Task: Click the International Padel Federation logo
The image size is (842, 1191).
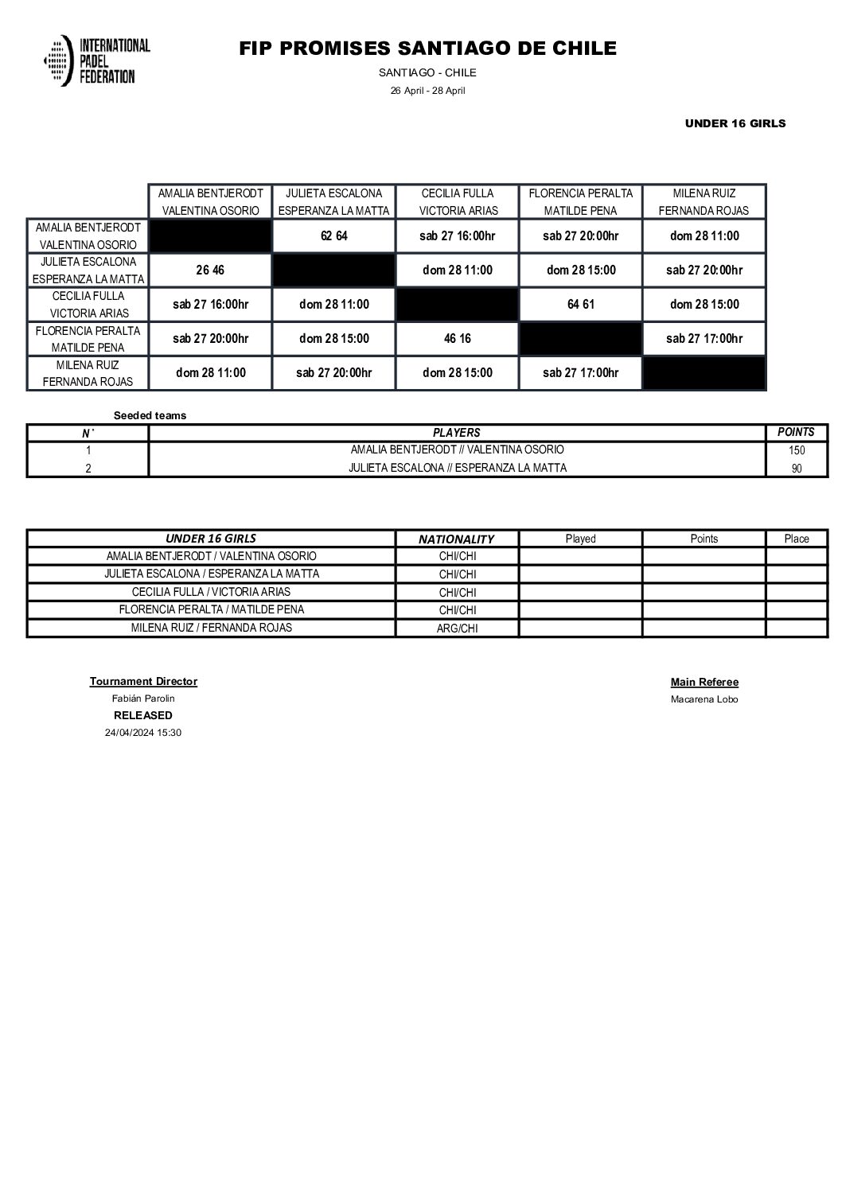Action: [96, 60]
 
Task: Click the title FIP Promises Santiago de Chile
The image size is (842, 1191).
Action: [427, 49]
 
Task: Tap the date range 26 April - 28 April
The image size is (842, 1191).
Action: [427, 91]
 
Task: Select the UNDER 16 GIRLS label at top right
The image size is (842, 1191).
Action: [735, 123]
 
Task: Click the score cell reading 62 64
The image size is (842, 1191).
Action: [333, 236]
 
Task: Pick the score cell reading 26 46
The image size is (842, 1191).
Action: [210, 271]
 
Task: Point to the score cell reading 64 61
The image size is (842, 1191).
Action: [581, 305]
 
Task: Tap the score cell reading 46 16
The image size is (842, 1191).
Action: [457, 339]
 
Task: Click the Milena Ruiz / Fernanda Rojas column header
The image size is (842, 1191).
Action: [704, 202]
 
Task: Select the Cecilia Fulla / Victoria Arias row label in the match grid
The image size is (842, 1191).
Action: [88, 305]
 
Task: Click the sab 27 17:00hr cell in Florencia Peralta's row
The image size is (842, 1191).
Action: [704, 339]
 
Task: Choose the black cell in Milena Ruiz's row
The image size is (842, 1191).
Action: [704, 373]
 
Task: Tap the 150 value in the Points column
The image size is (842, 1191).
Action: [796, 450]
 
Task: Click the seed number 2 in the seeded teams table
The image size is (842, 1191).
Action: [88, 469]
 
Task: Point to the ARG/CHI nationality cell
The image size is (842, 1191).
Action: [457, 629]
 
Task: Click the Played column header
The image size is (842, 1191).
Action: [580, 539]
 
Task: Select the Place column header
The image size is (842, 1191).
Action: [796, 539]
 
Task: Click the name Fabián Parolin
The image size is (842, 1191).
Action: [143, 699]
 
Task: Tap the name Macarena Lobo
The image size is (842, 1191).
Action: [704, 699]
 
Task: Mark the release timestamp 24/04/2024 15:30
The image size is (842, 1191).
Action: [143, 733]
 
